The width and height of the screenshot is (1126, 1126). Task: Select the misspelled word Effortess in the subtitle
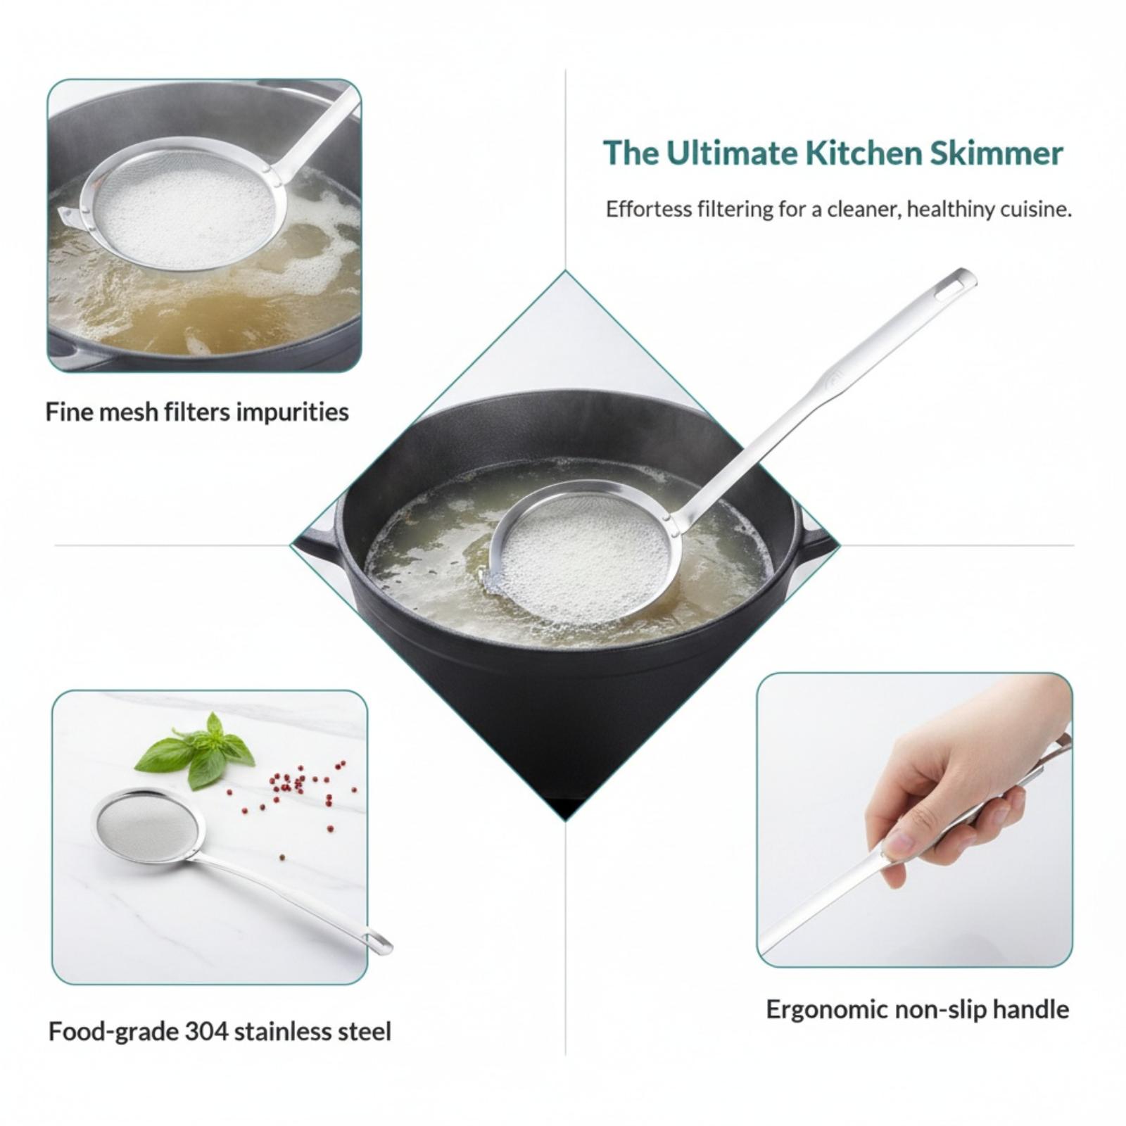[x=648, y=209]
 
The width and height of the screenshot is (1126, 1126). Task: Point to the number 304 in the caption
[x=206, y=1032]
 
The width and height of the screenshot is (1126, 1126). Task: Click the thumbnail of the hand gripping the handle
[x=914, y=820]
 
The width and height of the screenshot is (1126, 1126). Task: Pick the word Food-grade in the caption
[x=113, y=1032]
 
